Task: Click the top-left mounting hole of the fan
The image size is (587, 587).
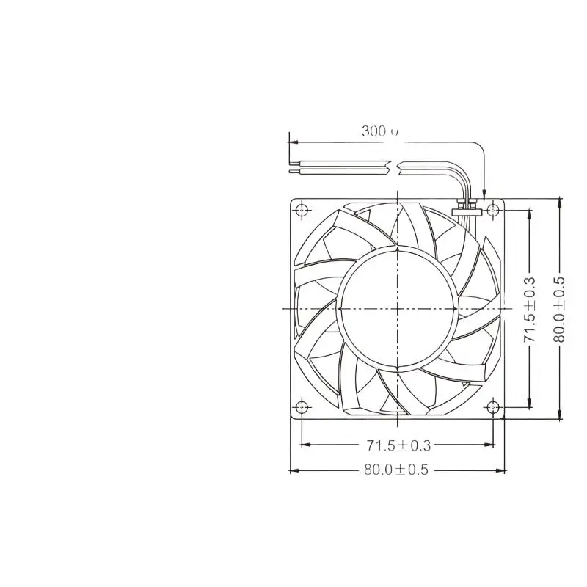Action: (x=302, y=210)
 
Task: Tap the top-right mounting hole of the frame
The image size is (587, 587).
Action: (x=493, y=210)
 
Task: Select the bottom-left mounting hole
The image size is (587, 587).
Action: (x=302, y=407)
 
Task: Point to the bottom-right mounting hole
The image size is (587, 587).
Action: (x=493, y=407)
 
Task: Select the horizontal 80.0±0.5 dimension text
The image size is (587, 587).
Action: (x=396, y=470)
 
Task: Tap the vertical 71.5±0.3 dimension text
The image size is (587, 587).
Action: (x=531, y=308)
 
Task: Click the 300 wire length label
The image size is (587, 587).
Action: (x=379, y=132)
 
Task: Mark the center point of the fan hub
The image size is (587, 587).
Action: (x=398, y=308)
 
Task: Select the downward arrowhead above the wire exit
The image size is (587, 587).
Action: (x=484, y=192)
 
